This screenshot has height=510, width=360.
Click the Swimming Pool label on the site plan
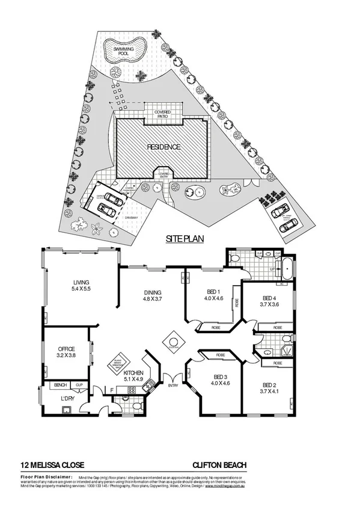(124, 50)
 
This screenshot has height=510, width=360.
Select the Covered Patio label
(162, 114)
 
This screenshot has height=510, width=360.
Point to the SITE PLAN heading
(185, 239)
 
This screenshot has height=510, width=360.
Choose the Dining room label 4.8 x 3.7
(153, 294)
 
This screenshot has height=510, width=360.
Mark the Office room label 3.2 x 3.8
(66, 352)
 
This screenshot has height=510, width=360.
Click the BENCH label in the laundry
(60, 384)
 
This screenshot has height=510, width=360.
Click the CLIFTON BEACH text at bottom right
(219, 464)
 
